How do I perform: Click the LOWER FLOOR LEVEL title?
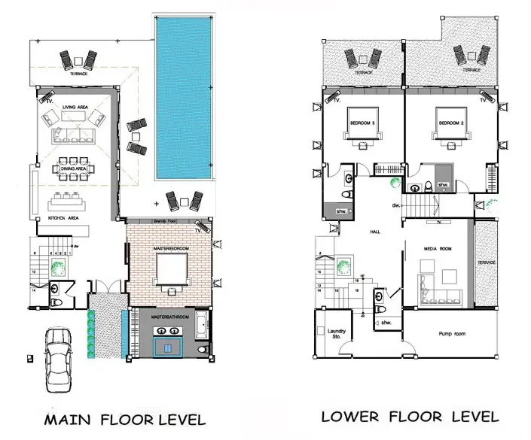pos(410,417)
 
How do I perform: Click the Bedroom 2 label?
pos(450,121)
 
